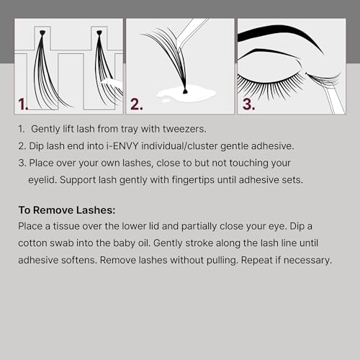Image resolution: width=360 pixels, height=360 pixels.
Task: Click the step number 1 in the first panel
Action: point(23,104)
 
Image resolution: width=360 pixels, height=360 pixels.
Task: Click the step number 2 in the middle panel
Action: point(137,104)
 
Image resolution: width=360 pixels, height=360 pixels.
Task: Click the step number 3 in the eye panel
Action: point(248,104)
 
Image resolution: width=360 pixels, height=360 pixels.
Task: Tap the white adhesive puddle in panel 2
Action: point(186,94)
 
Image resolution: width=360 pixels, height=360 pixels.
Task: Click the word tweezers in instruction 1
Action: point(184,129)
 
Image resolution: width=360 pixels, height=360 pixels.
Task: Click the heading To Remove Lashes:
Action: point(67,210)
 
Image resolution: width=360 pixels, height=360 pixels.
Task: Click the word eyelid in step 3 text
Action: point(42,180)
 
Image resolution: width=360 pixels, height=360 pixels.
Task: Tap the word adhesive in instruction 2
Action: point(272,146)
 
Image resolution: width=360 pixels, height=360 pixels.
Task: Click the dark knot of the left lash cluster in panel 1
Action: point(42,32)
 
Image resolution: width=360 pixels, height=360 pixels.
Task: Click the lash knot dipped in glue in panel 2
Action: point(185,91)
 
